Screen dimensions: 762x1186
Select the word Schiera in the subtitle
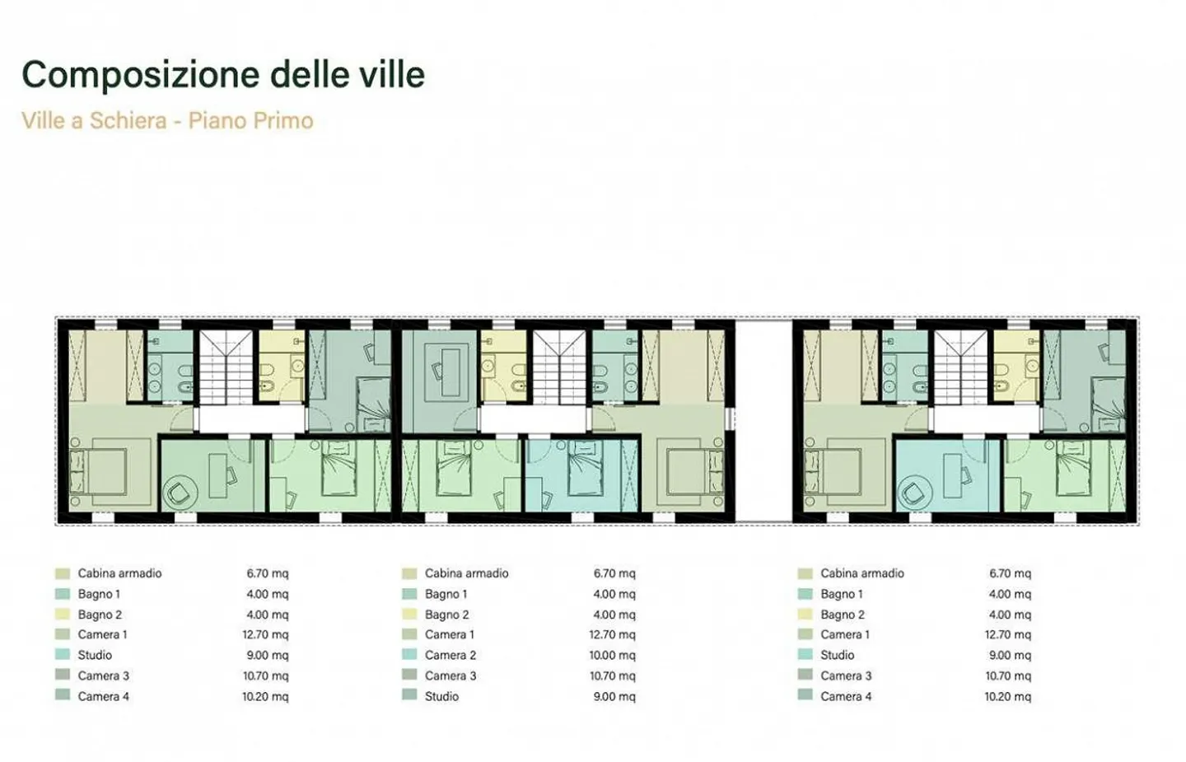pos(128,120)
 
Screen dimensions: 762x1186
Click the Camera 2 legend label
pos(450,655)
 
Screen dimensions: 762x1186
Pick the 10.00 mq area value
pos(612,655)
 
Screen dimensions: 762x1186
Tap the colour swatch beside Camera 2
pos(409,655)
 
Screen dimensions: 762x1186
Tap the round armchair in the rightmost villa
pos(913,493)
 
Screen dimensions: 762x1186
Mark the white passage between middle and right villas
pos(763,420)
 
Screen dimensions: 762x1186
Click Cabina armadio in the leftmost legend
pos(119,573)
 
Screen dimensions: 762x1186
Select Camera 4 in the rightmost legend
pos(845,696)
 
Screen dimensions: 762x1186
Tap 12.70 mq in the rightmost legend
pos(1007,634)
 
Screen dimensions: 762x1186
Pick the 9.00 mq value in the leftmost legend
pos(267,655)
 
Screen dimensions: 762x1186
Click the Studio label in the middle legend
pos(441,696)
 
